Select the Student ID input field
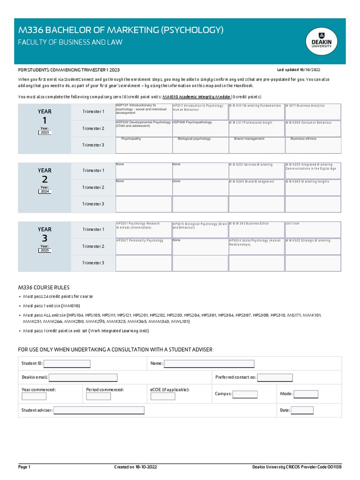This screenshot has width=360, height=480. click(67, 364)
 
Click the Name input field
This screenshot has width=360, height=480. click(209, 364)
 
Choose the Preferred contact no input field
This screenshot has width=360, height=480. click(275, 377)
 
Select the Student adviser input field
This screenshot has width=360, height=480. click(99, 410)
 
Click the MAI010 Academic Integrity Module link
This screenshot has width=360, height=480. click(196, 96)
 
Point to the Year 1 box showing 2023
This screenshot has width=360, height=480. click(45, 133)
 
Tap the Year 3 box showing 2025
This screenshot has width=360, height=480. click(45, 250)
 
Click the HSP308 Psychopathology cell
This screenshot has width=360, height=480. click(200, 128)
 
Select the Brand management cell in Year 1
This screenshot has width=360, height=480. click(256, 145)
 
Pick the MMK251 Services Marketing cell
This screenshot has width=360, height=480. click(256, 170)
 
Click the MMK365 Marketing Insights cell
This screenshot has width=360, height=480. click(313, 187)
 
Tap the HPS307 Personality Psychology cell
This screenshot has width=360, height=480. click(143, 246)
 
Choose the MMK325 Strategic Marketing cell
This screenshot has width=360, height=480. click(313, 246)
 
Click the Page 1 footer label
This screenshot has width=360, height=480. click(24, 467)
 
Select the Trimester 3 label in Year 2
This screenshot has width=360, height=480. click(93, 204)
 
